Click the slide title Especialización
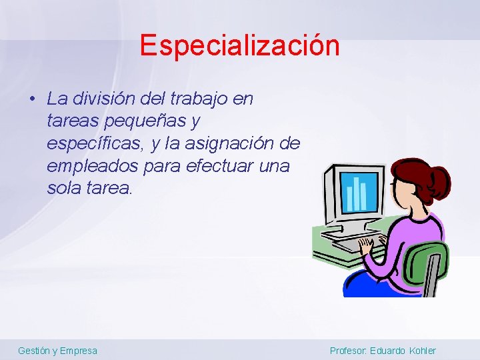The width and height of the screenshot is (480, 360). pos(239,45)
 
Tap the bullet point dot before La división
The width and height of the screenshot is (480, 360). pos(32,99)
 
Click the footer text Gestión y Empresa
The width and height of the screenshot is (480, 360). pos(57,351)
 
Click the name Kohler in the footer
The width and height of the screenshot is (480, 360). pos(421,351)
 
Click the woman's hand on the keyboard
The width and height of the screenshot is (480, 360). pos(367,244)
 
